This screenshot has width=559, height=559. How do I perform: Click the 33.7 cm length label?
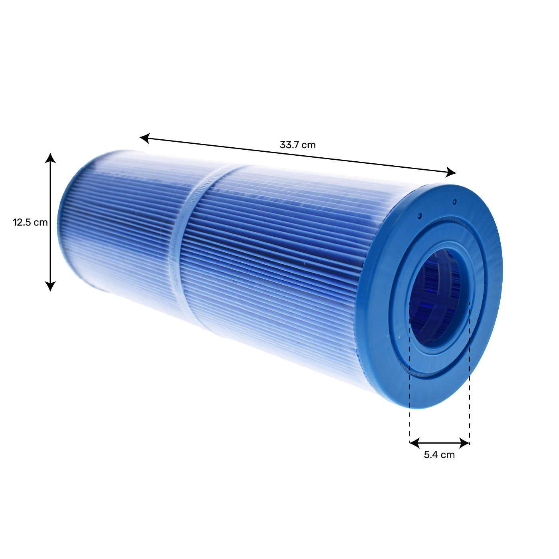tap(297, 145)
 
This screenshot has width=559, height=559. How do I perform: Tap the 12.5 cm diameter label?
tap(30, 222)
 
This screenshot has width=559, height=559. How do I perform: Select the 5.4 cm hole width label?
tap(439, 454)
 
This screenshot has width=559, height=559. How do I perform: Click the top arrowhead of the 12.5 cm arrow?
tap(50, 158)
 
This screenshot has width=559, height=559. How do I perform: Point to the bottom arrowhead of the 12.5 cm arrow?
tap(50, 286)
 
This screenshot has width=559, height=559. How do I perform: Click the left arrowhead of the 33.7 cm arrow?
tap(145, 138)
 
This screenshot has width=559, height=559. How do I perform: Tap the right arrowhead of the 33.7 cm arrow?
tap(451, 172)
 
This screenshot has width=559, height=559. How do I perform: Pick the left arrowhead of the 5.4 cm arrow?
tap(414, 443)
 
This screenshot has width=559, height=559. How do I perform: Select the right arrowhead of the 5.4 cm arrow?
tap(464, 443)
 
